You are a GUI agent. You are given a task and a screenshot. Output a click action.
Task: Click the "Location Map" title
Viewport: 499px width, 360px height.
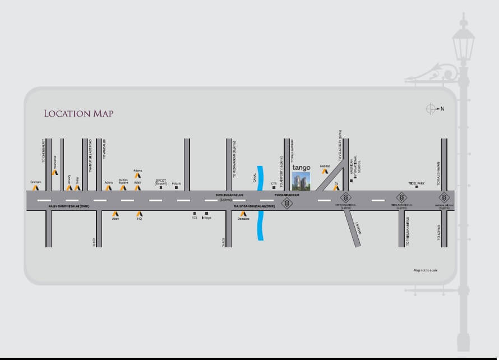pos(78,114)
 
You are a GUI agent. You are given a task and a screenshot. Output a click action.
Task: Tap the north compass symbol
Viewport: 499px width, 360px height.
pos(432,108)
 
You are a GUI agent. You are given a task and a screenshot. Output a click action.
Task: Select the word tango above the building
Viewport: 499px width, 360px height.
pos(301,167)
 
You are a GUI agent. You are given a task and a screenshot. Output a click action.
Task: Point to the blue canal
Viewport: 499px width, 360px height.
pos(260,202)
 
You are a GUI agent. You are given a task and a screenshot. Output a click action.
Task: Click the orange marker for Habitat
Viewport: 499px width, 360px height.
pos(325,172)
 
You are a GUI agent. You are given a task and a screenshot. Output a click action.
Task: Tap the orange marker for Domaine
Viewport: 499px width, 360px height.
pos(243,214)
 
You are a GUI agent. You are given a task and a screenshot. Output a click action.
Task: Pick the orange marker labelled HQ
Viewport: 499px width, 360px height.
pos(140,214)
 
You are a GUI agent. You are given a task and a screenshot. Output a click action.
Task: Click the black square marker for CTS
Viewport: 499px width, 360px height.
pos(274,188)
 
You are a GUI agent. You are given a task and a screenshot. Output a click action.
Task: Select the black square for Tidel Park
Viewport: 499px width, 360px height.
pos(417,187)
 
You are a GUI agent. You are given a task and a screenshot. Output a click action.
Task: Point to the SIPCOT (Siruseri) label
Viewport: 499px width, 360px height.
pos(161,182)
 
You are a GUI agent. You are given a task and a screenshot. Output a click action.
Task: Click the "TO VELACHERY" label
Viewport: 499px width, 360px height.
pos(340,146)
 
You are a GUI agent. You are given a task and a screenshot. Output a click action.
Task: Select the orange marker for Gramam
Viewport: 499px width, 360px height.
pos(36,188)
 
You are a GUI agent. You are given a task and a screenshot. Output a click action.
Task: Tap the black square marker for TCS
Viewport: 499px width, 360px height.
pos(195,213)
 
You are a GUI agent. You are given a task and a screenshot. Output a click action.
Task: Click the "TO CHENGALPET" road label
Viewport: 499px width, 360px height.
pos(43,151)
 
